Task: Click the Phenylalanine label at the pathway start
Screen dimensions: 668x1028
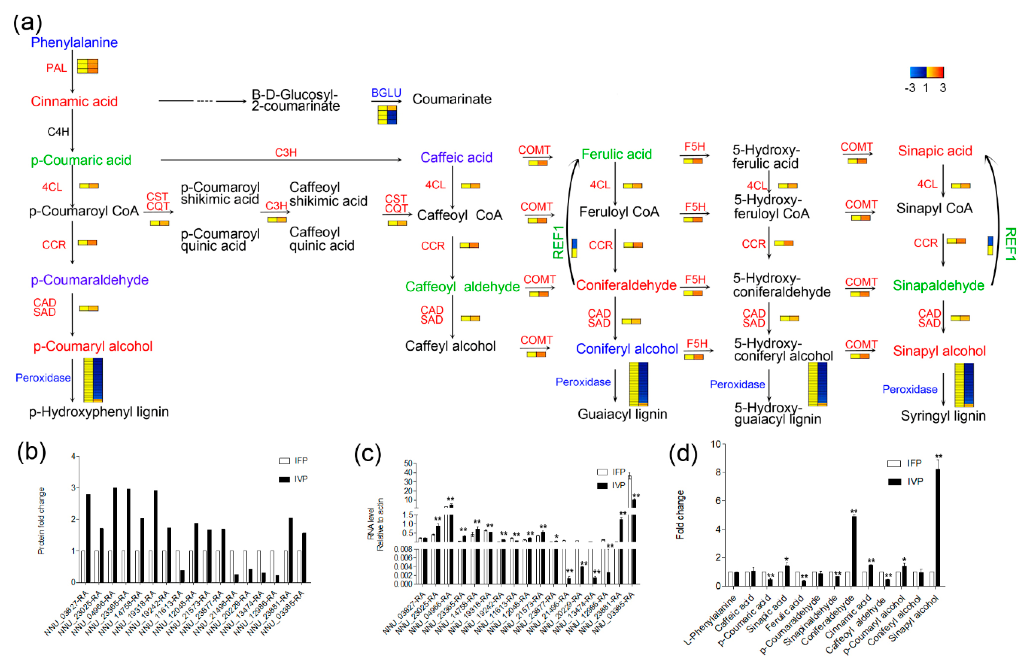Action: [x=74, y=42]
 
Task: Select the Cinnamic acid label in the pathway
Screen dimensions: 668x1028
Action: [x=74, y=101]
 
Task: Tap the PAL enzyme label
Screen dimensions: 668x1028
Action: [x=57, y=68]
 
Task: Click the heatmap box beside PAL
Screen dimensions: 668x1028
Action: [x=88, y=66]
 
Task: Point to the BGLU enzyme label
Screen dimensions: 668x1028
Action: [x=386, y=93]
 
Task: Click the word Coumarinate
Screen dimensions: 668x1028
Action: [x=452, y=99]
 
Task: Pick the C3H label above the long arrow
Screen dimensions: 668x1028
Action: [x=286, y=153]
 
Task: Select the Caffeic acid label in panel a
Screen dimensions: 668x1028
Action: [x=456, y=158]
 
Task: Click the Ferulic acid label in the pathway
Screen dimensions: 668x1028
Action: [x=616, y=154]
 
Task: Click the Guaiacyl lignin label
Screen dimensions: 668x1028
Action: [x=622, y=415]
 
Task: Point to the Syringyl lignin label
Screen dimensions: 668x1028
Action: [x=943, y=416]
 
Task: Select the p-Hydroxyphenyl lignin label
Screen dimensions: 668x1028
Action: [x=99, y=412]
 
